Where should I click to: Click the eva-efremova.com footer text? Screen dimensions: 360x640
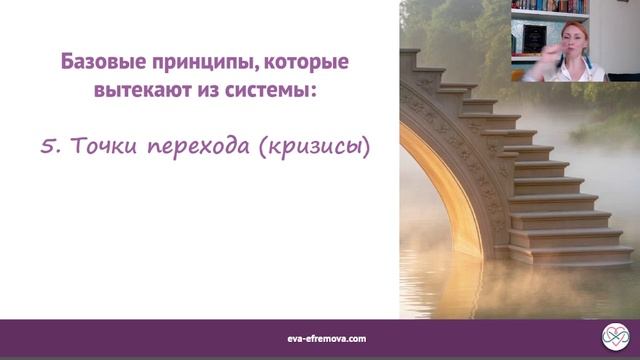[x=320, y=339]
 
